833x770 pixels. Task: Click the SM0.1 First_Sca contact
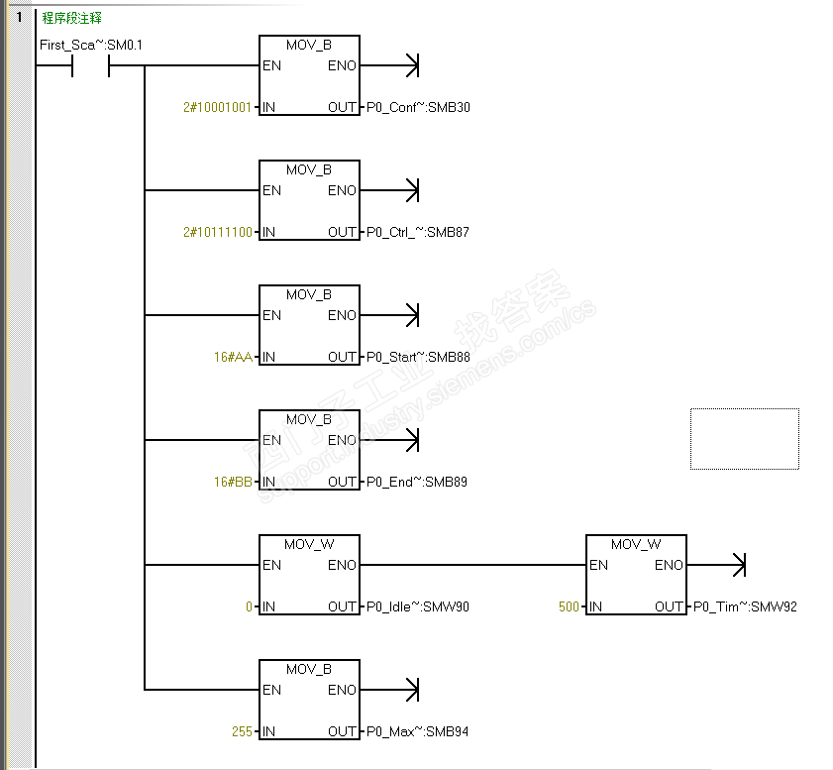point(90,65)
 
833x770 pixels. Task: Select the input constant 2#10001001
point(217,107)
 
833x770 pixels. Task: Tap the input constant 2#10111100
point(218,232)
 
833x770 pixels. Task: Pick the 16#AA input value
point(233,357)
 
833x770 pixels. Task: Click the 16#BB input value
point(233,482)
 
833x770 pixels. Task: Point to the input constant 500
point(569,606)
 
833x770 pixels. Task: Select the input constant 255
point(242,731)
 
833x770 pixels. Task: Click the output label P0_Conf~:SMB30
point(418,107)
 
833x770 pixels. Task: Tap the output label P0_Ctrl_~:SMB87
point(418,232)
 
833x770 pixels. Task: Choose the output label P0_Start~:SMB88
point(418,357)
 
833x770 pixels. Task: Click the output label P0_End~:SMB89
point(416,482)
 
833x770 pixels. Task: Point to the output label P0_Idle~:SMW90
point(418,606)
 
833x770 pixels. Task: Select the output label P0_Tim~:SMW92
point(745,606)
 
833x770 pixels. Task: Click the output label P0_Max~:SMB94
point(417,731)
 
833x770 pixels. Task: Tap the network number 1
point(19,17)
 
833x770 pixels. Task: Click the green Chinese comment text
point(71,18)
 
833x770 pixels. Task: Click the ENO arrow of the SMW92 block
point(716,565)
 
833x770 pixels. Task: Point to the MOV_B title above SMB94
point(309,669)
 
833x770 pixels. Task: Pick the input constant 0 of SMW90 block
point(249,606)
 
